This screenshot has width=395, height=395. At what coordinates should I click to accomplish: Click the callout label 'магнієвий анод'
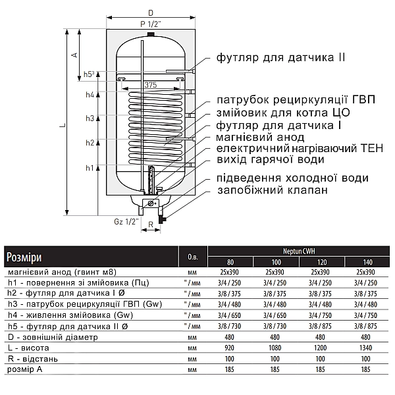tap(260, 137)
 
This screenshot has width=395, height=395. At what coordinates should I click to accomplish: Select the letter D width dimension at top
tap(151, 13)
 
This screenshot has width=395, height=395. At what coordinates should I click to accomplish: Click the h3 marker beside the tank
tap(90, 118)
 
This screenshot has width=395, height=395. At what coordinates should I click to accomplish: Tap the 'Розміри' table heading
tap(24, 256)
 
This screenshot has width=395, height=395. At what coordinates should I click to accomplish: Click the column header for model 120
tap(319, 261)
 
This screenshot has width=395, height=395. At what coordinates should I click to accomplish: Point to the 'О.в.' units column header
tap(192, 256)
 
